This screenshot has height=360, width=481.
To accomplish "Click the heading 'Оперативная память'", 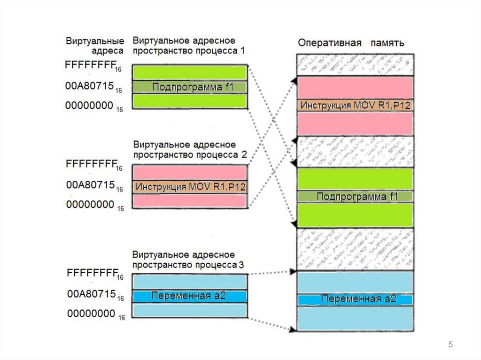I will click(351, 43).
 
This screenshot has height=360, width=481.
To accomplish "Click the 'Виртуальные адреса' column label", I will click(95, 46).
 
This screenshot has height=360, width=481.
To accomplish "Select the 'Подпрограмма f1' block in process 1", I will click(190, 87).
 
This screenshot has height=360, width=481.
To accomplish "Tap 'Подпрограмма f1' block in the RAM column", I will click(355, 197).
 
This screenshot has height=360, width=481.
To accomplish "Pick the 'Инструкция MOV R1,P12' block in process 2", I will click(190, 187).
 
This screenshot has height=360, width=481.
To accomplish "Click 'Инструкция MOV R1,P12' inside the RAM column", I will click(355, 105).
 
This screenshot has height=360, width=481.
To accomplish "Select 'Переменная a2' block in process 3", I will click(190, 296).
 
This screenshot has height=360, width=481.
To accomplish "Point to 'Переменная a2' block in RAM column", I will click(355, 299).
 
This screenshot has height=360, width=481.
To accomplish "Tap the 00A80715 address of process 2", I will click(91, 185).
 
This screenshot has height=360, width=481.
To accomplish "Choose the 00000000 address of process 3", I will click(92, 313).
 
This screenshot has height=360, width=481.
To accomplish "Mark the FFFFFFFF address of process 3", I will click(92, 273).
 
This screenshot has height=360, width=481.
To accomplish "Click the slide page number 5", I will click(450, 345).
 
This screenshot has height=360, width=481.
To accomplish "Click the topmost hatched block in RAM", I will click(355, 64).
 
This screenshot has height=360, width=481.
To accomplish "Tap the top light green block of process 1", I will click(190, 72).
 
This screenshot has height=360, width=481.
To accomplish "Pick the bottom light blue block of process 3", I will click(190, 310).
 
